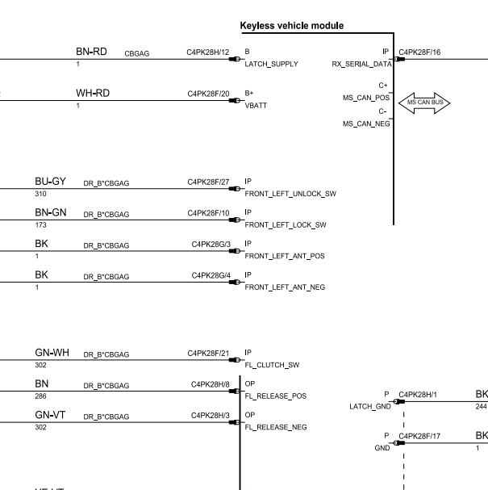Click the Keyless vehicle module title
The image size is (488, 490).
coord(292,26)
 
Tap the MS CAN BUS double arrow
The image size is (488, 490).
coord(424,103)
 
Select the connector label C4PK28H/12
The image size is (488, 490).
coord(208,52)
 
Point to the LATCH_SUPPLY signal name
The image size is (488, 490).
coord(271,64)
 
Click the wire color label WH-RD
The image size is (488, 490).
coord(93,93)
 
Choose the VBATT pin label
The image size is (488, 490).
coord(256,106)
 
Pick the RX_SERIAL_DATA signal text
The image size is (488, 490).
coord(361,64)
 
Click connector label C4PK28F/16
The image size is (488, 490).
coord(419,52)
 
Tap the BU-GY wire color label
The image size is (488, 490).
coord(50,182)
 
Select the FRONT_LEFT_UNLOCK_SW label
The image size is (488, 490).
coord(290,194)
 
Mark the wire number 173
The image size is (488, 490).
coord(40,225)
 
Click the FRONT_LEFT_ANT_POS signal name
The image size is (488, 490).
coord(285,256)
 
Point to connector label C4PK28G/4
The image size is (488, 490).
coord(211,275)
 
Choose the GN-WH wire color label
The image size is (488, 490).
coord(52,353)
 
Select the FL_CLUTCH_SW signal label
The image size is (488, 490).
coord(272,365)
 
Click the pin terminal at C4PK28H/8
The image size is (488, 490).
coord(234,392)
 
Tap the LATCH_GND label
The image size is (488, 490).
coord(370,407)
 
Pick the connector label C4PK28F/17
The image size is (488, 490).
coord(419,436)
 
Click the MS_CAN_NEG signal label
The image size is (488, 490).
coord(366,124)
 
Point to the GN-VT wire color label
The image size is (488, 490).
coord(50,415)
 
